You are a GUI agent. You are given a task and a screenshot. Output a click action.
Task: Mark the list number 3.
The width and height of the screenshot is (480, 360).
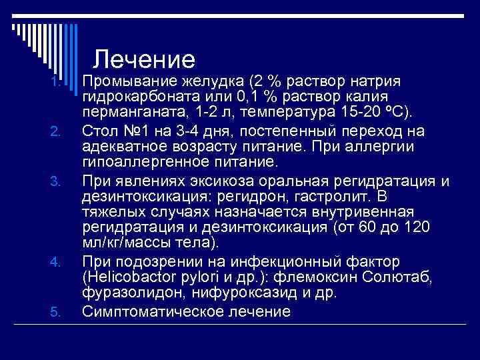pyautogui.click(x=57, y=181)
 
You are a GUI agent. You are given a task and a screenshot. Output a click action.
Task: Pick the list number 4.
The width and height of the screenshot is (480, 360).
pyautogui.click(x=57, y=260)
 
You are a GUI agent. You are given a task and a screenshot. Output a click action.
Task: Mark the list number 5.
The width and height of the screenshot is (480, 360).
pyautogui.click(x=57, y=311)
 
